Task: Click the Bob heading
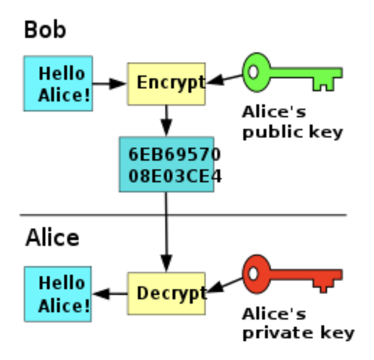pyautogui.click(x=45, y=30)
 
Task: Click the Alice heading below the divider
pyautogui.click(x=52, y=238)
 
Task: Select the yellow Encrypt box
pyautogui.click(x=167, y=83)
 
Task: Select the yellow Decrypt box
pyautogui.click(x=167, y=293)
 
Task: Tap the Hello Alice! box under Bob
pyautogui.click(x=58, y=83)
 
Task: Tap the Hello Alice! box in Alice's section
pyautogui.click(x=58, y=293)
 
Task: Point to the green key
pyautogui.click(x=292, y=74)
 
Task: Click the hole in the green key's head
pyautogui.click(x=254, y=72)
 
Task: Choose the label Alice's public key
pyautogui.click(x=292, y=122)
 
